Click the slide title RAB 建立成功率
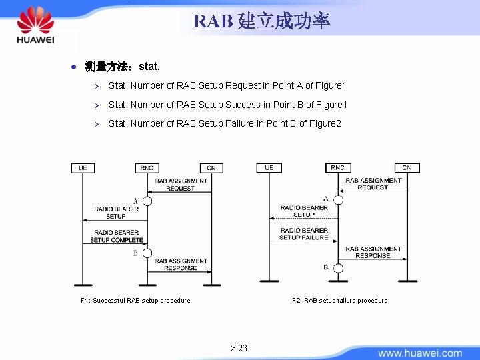tap(261, 21)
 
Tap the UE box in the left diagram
tap(83, 168)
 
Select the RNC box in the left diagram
tap(147, 168)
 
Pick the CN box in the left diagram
tap(211, 168)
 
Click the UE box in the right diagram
tap(269, 167)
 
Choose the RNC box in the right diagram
tap(338, 167)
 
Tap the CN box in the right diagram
tap(407, 167)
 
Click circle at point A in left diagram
tap(147, 201)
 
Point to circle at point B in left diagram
tap(147, 253)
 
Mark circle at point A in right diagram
tap(338, 199)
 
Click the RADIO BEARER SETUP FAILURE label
tap(303, 234)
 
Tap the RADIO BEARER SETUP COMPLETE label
tap(116, 236)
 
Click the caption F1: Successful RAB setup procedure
tap(135, 301)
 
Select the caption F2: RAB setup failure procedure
tap(339, 301)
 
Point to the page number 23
tap(239, 348)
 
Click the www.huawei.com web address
tap(420, 353)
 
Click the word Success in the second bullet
tap(243, 105)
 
